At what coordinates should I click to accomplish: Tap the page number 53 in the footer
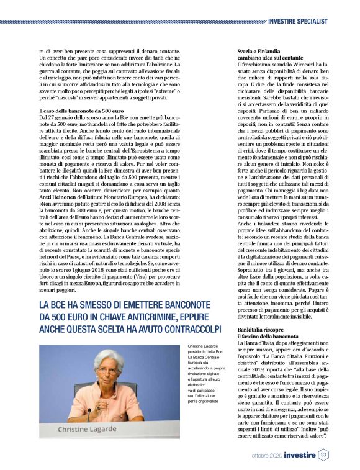point(323,454)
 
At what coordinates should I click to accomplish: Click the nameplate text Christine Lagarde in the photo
point(91,429)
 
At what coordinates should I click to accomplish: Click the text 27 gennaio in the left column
point(54,100)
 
